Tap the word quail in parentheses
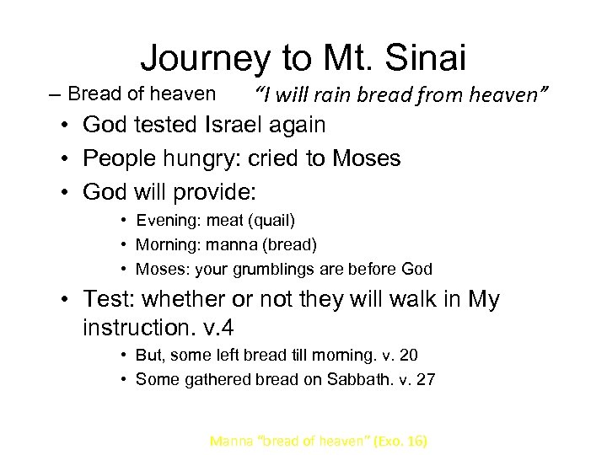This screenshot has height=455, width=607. click(x=272, y=221)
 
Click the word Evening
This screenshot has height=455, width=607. click(x=164, y=221)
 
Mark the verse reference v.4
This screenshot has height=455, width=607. click(x=213, y=327)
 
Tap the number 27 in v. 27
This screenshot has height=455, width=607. click(x=427, y=379)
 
